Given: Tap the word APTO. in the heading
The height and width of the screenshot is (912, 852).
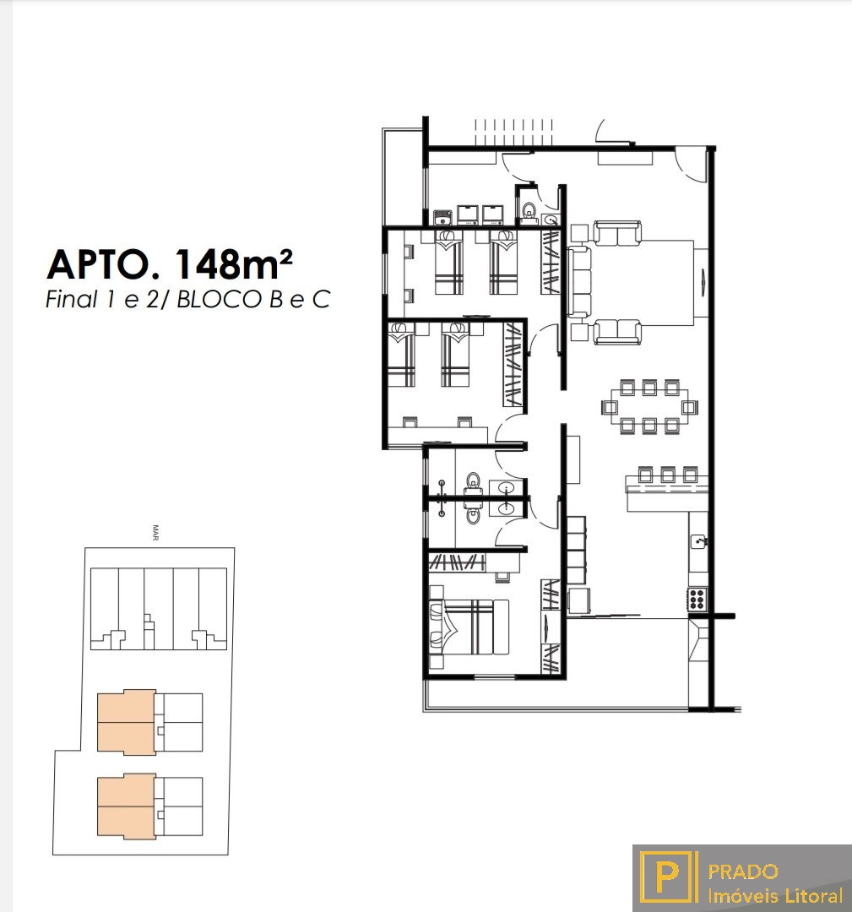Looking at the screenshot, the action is point(106,265).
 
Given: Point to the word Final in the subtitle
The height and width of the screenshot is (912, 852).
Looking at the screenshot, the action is point(72,300).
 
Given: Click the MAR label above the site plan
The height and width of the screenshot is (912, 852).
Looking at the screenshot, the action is point(155,533).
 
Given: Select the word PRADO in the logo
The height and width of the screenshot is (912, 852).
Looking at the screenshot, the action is point(743,871).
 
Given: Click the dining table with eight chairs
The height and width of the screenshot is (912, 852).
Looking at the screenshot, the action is point(649,406).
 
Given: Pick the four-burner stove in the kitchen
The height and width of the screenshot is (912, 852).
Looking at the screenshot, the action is point(697,599).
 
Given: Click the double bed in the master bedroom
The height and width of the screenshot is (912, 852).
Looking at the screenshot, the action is point(469,627).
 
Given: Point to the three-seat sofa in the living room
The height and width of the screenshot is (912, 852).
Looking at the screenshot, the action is point(579,282).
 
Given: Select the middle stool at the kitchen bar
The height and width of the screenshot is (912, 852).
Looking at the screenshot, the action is point(667,474).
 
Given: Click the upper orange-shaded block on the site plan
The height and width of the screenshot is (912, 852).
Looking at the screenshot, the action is point(126,722).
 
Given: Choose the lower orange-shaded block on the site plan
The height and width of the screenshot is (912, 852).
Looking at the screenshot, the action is point(126,806).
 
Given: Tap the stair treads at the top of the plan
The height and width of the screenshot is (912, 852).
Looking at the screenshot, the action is point(513,132).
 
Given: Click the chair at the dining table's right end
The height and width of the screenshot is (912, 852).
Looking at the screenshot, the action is point(689,406).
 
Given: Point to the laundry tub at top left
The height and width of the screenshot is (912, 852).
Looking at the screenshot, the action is point(443,216).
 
